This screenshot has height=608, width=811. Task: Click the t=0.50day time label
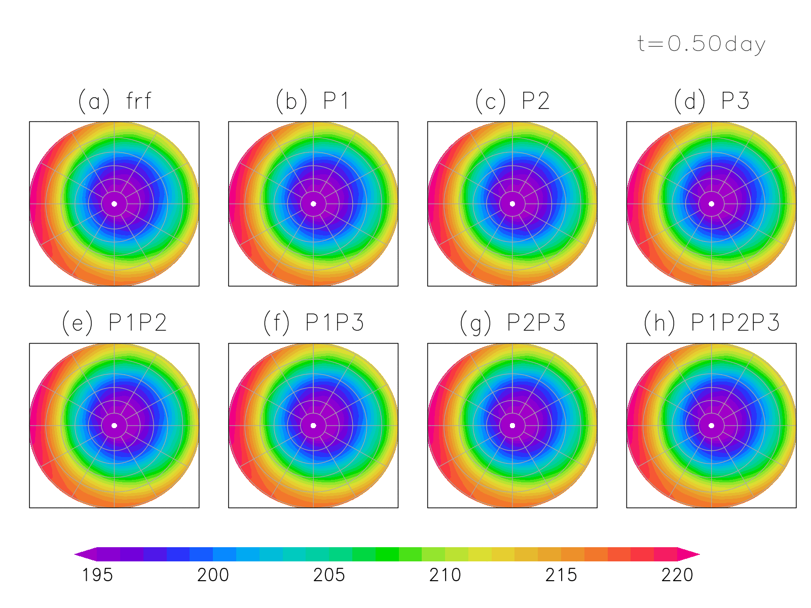[x=701, y=45]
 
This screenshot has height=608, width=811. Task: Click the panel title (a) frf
[x=115, y=101]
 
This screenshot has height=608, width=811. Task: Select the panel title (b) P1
[x=313, y=101]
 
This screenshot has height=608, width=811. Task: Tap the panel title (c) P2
[x=512, y=101]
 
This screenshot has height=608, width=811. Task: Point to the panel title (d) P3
[x=712, y=101]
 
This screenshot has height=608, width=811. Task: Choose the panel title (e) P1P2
[x=115, y=323]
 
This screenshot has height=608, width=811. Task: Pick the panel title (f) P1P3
[x=314, y=323]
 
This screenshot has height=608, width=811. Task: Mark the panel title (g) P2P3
[x=512, y=323]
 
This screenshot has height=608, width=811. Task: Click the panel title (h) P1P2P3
[x=712, y=323]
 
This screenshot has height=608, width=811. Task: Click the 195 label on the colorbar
[x=97, y=575]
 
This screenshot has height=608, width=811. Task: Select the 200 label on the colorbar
[x=213, y=575]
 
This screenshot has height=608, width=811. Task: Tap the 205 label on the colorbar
[x=329, y=575]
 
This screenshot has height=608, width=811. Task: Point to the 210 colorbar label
[x=445, y=575]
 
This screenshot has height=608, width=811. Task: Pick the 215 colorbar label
[x=561, y=575]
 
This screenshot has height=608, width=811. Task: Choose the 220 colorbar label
[x=677, y=575]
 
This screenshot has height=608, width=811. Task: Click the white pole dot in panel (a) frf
[x=115, y=204]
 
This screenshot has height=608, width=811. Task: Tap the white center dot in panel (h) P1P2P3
[x=712, y=426]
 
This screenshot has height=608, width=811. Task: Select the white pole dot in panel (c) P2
[x=512, y=204]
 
